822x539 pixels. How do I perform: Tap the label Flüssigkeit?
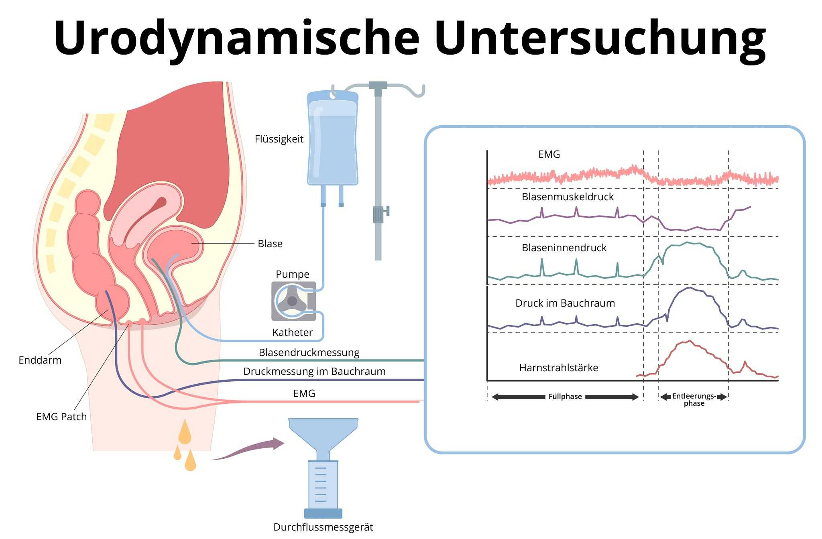tap(279, 139)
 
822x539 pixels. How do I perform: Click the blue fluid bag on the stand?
tap(333, 140)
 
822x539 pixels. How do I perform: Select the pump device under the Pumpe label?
tap(293, 301)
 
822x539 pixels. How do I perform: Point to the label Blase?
tap(270, 244)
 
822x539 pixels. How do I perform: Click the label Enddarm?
tap(40, 360)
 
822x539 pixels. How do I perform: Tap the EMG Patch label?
tap(61, 417)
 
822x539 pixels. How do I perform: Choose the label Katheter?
tap(292, 332)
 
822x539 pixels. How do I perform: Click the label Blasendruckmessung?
tap(309, 352)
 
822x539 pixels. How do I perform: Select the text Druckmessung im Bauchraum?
tap(314, 371)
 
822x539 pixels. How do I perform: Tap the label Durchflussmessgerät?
tap(323, 527)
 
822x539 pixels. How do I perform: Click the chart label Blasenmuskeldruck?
tap(568, 197)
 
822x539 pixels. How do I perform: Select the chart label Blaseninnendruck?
tap(564, 248)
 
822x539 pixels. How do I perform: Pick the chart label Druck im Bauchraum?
tap(565, 303)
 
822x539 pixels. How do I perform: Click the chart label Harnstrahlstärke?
tap(559, 368)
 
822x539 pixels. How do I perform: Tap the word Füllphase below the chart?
tap(565, 397)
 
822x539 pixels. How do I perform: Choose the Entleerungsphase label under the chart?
tap(694, 399)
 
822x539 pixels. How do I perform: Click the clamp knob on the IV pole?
tap(387, 211)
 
